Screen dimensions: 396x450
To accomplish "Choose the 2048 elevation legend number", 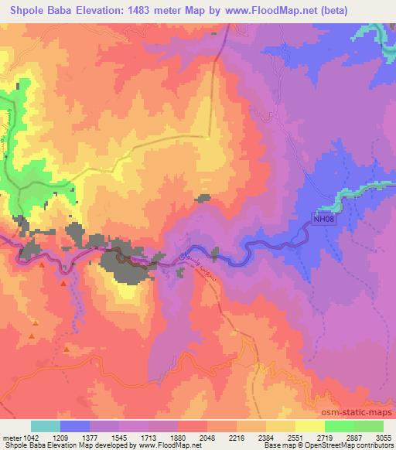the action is point(217,437).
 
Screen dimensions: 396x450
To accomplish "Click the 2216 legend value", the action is point(247,437).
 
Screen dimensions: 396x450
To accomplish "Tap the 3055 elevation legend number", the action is point(384,437).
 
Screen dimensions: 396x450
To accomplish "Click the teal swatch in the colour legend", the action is point(45,426).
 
